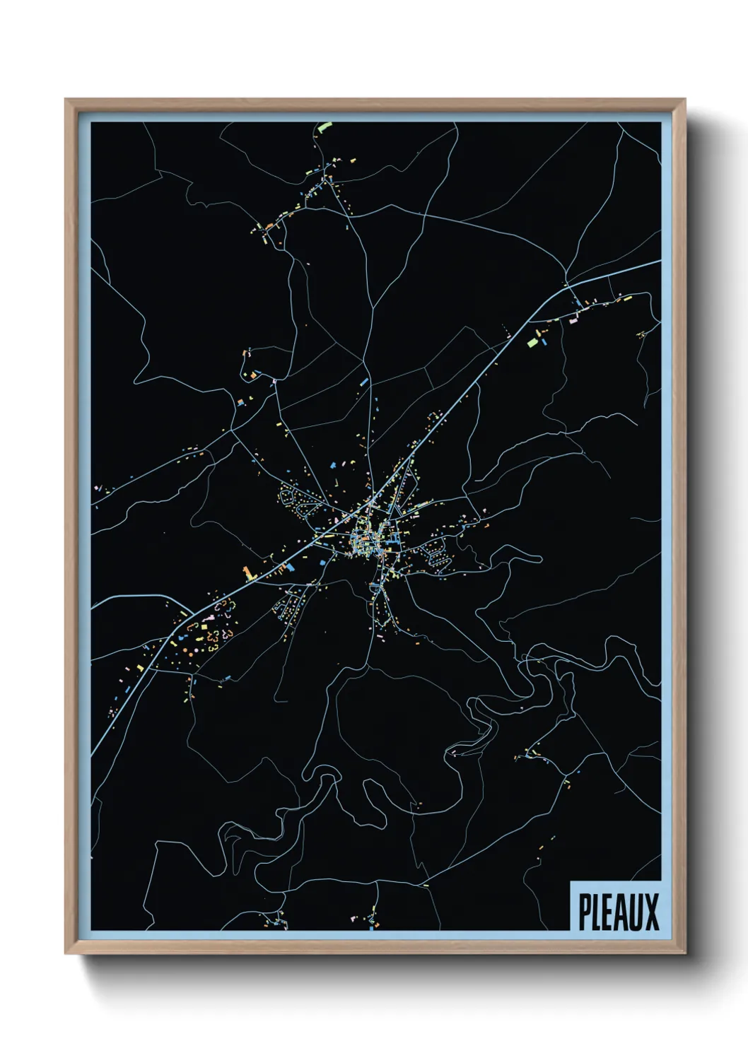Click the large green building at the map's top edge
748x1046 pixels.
(x=325, y=127)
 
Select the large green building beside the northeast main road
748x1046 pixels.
(x=533, y=343)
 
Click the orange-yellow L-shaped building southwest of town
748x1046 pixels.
(x=247, y=573)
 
